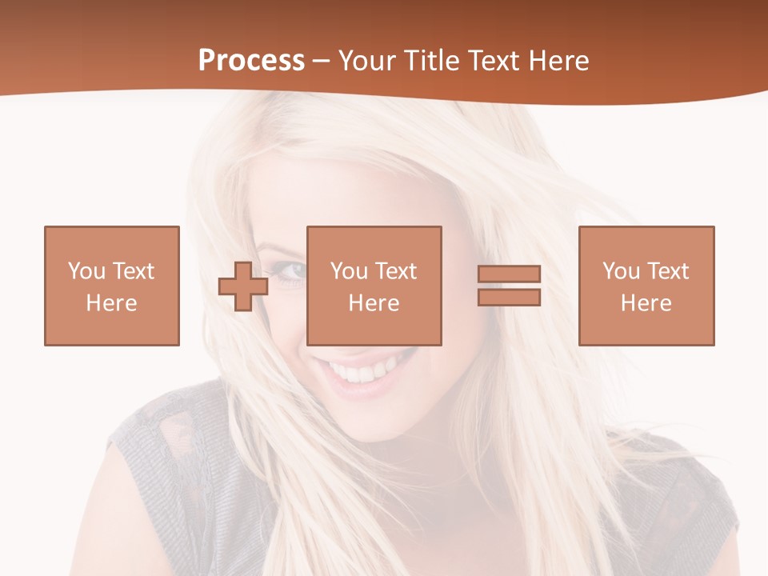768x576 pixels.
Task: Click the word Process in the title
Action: coord(251,61)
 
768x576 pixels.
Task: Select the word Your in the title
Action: coord(367,61)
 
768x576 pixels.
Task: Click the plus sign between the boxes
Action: coord(243,286)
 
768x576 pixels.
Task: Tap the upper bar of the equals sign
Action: coord(509,274)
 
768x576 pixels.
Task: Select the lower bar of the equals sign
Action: coord(509,298)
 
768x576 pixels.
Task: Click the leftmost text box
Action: coord(112,286)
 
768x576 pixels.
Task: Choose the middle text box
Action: coord(374,286)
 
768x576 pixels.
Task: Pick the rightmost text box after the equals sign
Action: coord(646,286)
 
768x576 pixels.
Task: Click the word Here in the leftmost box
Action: coord(112,303)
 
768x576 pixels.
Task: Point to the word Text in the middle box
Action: coord(394,271)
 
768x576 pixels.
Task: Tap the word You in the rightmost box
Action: coord(622,271)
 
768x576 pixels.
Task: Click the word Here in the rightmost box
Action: coord(646,303)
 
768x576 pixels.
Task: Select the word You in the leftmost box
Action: coord(87,271)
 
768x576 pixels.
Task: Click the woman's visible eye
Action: coord(293,272)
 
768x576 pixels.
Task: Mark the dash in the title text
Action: coord(322,62)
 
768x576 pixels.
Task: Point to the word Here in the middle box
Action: coord(374,303)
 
